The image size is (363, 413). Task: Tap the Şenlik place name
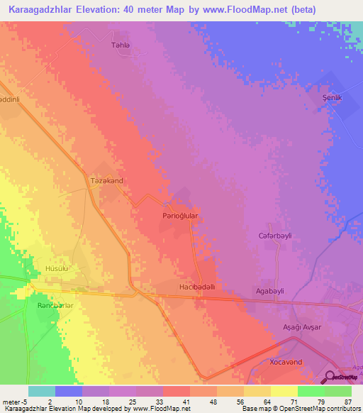(x=332, y=99)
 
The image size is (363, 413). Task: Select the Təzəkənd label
(x=107, y=181)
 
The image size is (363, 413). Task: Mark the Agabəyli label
(x=269, y=291)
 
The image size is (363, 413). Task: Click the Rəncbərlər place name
(x=55, y=305)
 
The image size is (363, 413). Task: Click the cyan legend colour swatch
(x=41, y=391)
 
